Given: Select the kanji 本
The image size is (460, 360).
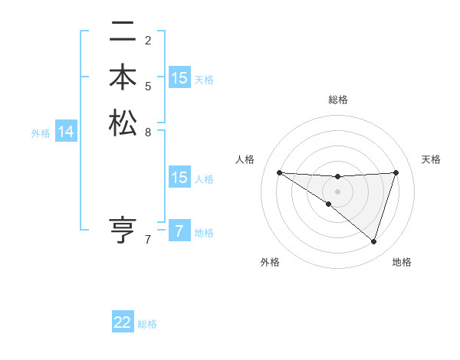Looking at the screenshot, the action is coord(123,79).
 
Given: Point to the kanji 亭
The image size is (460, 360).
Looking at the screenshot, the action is coord(123,230).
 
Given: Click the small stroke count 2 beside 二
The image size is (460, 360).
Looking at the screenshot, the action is coord(148,41).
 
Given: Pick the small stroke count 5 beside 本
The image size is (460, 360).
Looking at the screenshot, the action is coord(148,86).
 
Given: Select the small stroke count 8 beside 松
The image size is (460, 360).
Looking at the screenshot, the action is coord(148,131).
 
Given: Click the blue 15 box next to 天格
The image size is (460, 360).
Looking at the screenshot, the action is coord(179,78).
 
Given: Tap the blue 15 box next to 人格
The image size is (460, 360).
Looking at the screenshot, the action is coord(179,178).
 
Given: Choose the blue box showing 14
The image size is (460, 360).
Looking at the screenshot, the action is coord(66,133).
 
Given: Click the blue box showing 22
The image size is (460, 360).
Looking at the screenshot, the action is coord(123,323).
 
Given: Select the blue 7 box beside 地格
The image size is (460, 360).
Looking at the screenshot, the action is coord(179,232).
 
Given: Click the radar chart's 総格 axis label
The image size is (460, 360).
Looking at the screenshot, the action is coord(337,100).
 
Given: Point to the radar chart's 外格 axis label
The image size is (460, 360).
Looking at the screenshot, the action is coord(270,262).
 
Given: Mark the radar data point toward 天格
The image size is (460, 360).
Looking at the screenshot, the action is coord(396,172).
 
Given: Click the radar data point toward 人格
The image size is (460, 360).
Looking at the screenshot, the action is coord(279,172).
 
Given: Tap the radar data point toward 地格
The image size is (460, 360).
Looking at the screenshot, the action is coord(373,241).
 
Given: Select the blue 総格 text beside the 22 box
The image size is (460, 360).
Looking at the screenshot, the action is coord(147,324).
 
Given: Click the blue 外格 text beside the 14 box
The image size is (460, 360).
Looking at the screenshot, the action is coord(41,133).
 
